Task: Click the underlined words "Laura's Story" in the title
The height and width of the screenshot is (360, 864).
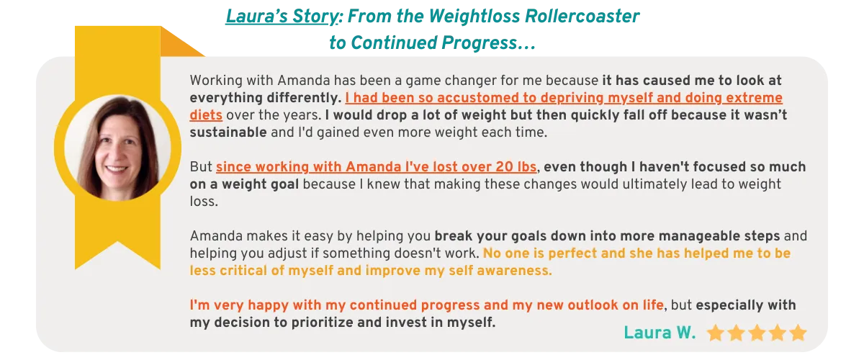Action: (282, 17)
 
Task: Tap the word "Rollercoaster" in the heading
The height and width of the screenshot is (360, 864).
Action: (582, 17)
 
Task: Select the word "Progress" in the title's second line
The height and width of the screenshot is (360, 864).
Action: (479, 43)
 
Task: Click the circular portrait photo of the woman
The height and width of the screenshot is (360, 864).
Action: (117, 148)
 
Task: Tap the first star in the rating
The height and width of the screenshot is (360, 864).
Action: (716, 333)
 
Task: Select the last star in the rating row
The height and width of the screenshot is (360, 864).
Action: (798, 333)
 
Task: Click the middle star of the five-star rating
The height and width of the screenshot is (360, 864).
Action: (757, 333)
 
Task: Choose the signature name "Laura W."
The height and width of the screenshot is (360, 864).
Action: (660, 333)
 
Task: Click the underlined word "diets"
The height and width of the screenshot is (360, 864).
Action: (206, 115)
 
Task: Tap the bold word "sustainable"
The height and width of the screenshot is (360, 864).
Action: (228, 132)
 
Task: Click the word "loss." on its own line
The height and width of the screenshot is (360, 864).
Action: (204, 202)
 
